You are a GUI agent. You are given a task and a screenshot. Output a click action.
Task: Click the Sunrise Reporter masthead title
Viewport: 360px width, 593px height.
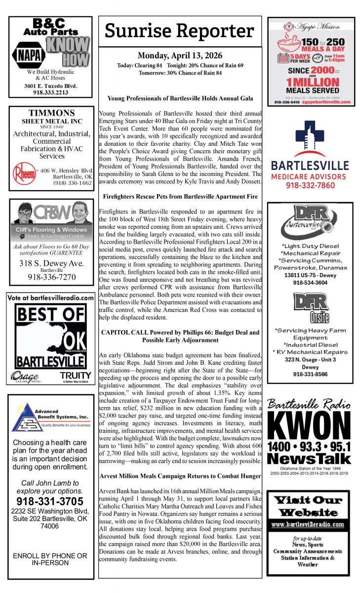tap(180, 31)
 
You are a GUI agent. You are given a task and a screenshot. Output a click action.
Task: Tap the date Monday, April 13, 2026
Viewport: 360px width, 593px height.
tap(180, 55)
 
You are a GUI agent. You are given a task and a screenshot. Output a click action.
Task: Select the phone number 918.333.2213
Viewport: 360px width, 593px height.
tap(50, 92)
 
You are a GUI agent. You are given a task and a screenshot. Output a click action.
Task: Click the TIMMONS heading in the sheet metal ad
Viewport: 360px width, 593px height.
tap(51, 113)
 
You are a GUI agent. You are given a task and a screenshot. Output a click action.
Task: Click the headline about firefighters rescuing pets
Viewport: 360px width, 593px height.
tap(180, 196)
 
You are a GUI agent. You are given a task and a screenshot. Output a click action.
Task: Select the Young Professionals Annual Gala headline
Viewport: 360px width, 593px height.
tap(180, 98)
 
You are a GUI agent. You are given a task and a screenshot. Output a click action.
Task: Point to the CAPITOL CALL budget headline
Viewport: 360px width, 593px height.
tap(180, 336)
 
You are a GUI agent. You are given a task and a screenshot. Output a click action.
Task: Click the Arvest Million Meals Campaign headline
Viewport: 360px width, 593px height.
tap(180, 476)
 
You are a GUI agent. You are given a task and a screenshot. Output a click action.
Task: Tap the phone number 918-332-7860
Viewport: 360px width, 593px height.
tap(310, 185)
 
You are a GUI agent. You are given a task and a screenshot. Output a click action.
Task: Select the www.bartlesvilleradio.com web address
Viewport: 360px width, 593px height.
tap(308, 524)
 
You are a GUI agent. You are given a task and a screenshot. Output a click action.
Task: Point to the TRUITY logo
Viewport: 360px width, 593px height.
tap(75, 376)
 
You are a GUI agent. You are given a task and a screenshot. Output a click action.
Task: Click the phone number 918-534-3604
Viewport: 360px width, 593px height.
tap(310, 283)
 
